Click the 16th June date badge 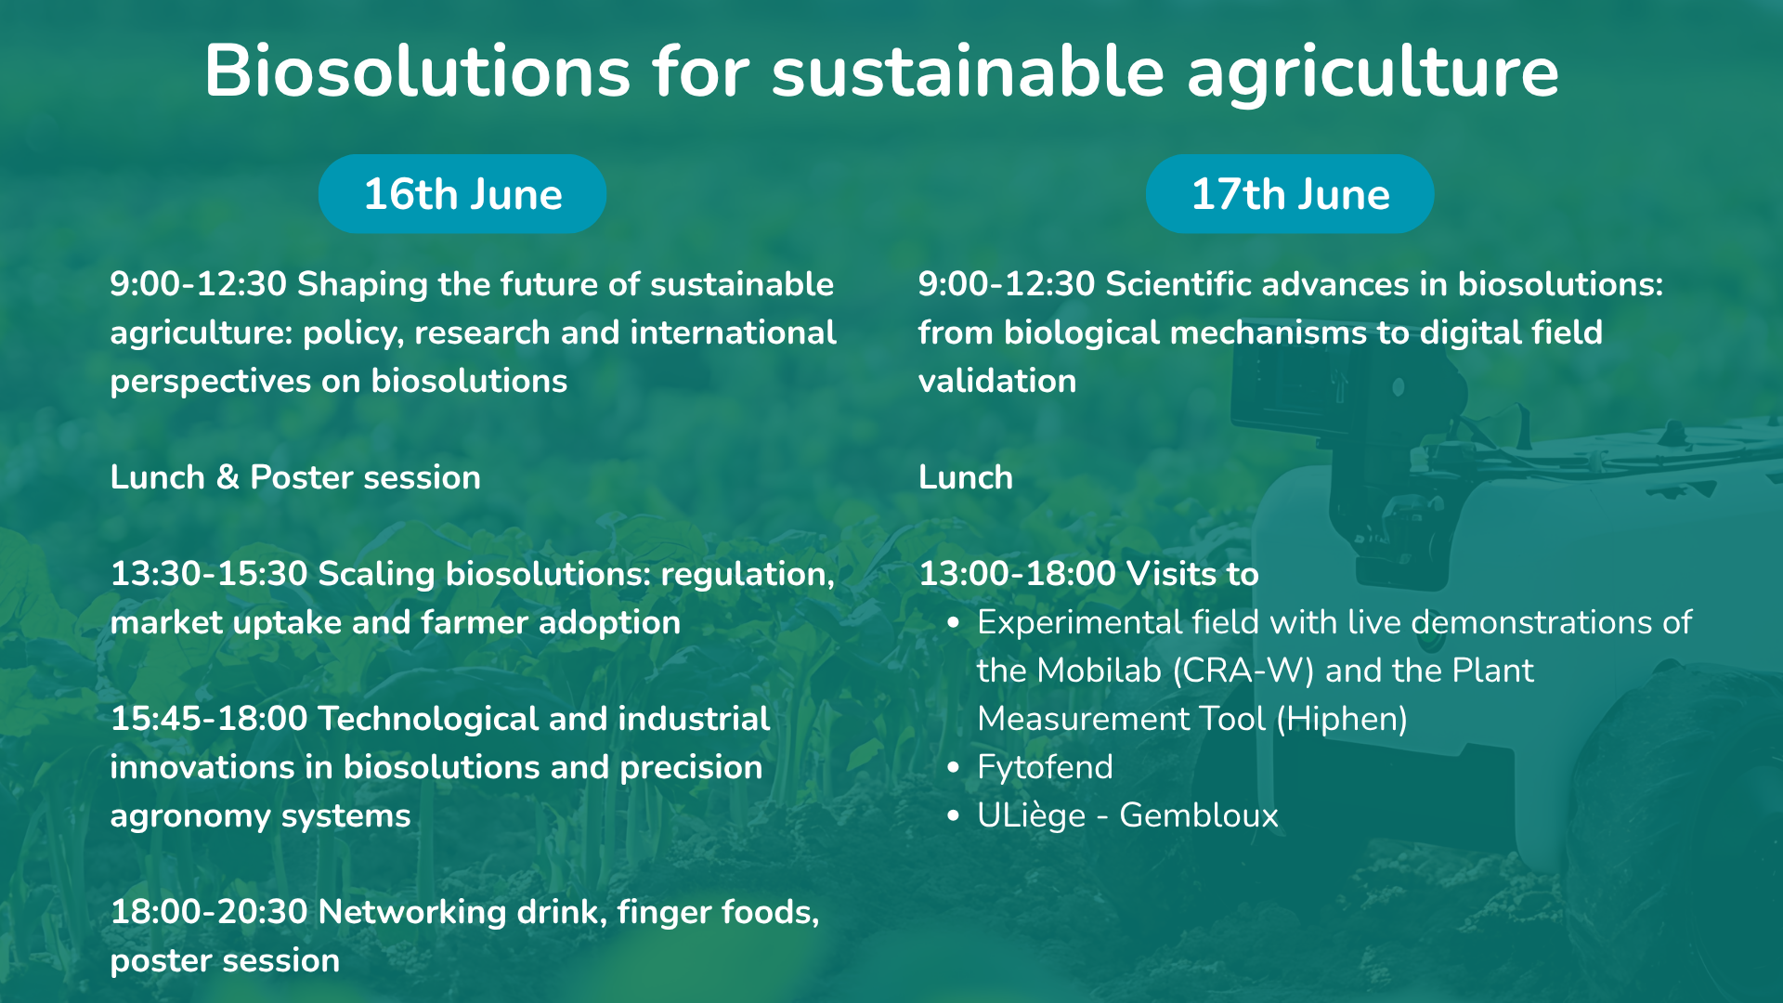point(462,194)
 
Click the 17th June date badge point(1290,194)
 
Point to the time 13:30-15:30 point(209,574)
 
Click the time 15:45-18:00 point(209,719)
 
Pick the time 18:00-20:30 point(209,912)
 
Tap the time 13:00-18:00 point(1017,574)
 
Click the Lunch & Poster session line point(295,477)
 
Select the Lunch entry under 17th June point(966,477)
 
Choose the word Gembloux point(1199,815)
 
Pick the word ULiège point(1032,815)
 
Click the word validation point(997,381)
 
